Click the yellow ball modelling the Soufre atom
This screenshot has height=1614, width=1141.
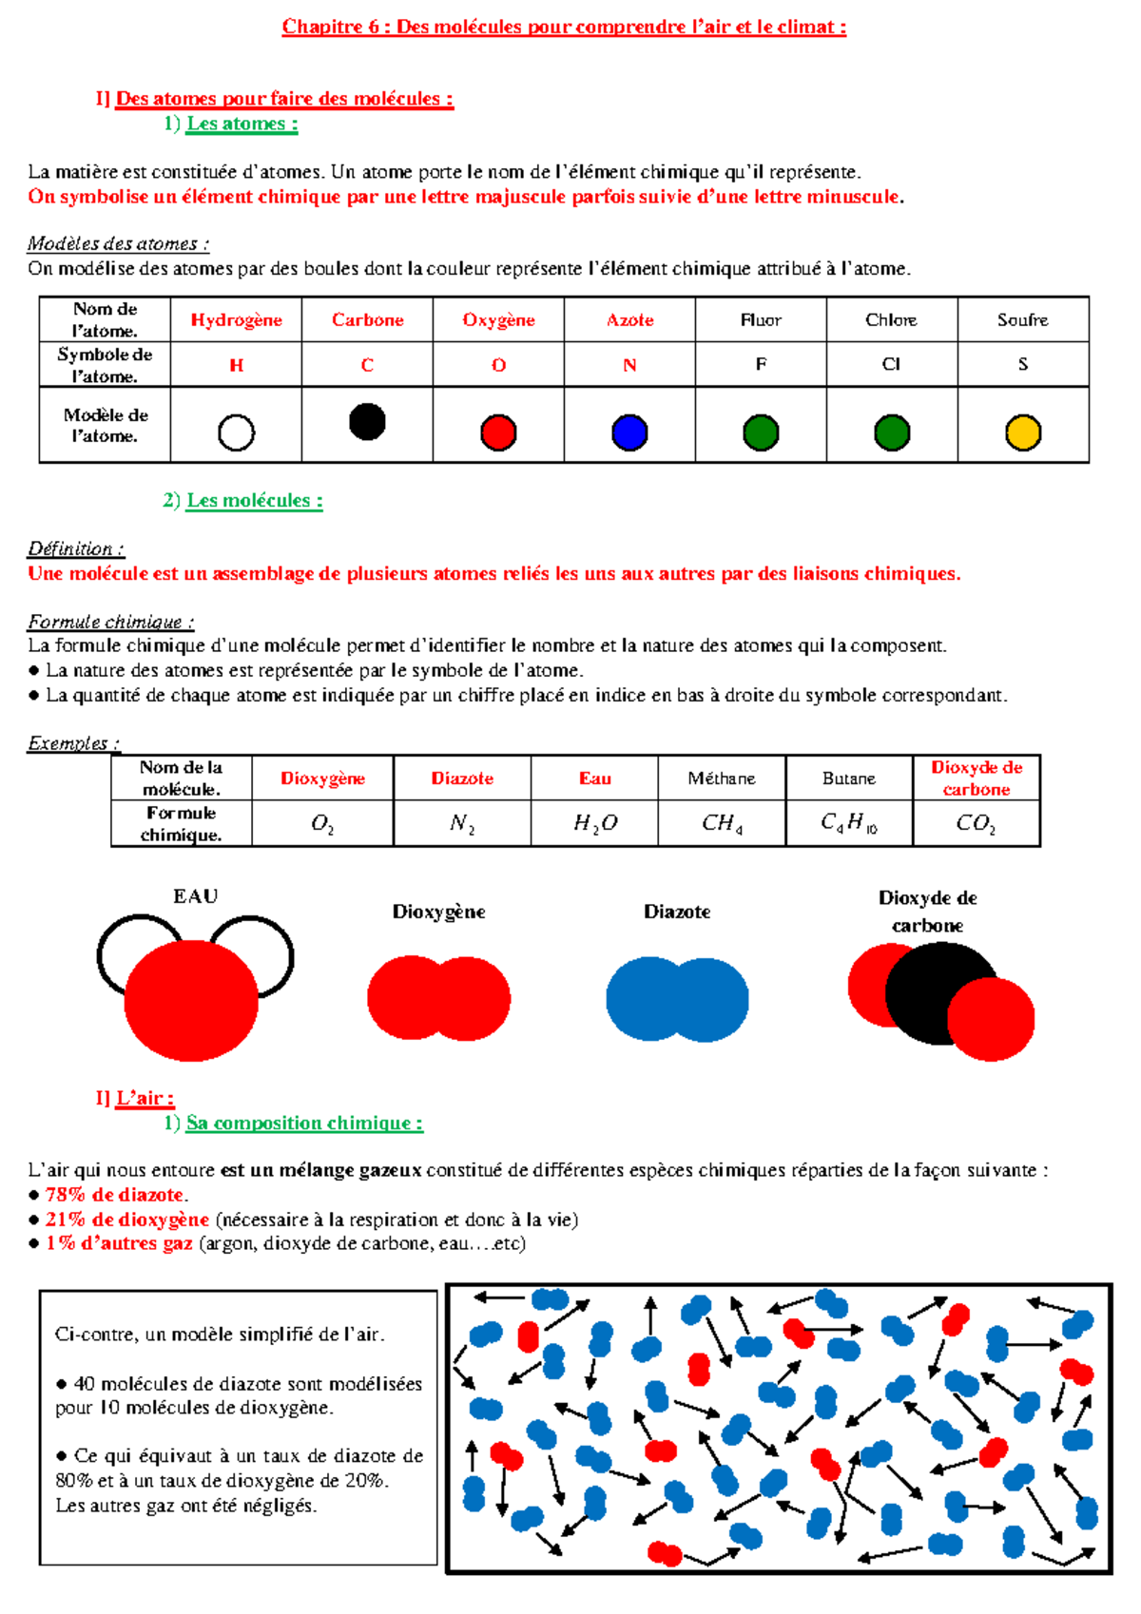[x=1023, y=432]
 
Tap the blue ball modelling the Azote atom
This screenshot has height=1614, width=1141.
[x=629, y=432]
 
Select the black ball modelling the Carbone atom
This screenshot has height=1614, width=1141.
[x=367, y=422]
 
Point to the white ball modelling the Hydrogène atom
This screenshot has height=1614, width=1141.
[x=236, y=432]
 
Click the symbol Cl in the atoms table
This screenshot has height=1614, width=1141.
[x=891, y=364]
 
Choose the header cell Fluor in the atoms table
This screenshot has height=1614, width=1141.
[x=761, y=320]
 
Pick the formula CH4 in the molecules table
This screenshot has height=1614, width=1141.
[x=722, y=823]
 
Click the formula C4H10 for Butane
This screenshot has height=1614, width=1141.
[x=849, y=823]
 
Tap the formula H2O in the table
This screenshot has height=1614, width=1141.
[x=595, y=823]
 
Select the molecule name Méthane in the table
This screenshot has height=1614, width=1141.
[x=722, y=778]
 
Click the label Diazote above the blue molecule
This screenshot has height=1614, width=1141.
[x=677, y=912]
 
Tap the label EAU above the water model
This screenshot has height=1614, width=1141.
[x=196, y=896]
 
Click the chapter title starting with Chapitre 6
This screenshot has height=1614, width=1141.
[x=564, y=27]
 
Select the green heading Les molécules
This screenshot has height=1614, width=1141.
[x=254, y=500]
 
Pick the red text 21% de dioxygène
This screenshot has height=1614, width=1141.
[x=126, y=1220]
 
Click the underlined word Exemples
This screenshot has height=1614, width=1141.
[x=73, y=743]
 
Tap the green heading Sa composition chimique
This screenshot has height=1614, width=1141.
[x=304, y=1123]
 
